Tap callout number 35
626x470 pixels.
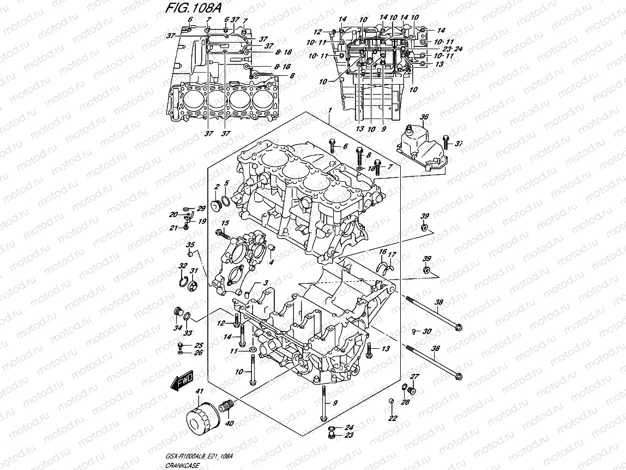[190, 244]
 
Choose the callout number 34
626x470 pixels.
[177, 328]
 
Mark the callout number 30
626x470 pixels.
[427, 331]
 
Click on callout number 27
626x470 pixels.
[414, 377]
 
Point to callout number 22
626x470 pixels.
[392, 419]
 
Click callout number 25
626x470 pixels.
[198, 345]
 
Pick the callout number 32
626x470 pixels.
[181, 266]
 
